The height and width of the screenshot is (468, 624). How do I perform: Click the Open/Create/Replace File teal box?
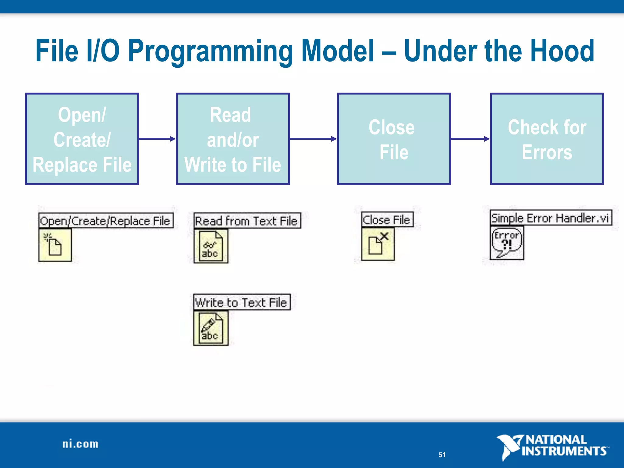(82, 139)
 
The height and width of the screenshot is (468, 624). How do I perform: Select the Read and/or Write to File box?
(233, 139)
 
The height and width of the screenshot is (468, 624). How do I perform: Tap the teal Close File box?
(394, 139)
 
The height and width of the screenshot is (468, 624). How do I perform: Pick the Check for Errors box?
(547, 139)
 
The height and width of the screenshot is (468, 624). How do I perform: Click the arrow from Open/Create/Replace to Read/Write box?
(157, 139)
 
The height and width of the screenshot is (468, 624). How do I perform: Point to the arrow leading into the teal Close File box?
(313, 139)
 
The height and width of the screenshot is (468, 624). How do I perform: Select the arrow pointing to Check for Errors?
(470, 139)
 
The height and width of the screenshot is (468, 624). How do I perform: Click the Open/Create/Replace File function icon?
(55, 245)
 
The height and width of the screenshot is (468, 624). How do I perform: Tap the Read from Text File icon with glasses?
(211, 246)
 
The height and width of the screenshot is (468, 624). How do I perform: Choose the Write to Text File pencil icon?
(211, 328)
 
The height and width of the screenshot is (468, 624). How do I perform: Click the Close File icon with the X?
(378, 244)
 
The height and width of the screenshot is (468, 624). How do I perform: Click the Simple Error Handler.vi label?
(551, 218)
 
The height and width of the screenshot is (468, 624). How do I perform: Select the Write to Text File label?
(242, 303)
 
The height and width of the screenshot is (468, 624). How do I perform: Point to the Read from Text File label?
(247, 221)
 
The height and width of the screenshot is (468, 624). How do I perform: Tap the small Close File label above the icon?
(387, 220)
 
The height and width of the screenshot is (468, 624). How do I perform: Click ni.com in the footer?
(80, 444)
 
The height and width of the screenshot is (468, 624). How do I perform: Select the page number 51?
(442, 455)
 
